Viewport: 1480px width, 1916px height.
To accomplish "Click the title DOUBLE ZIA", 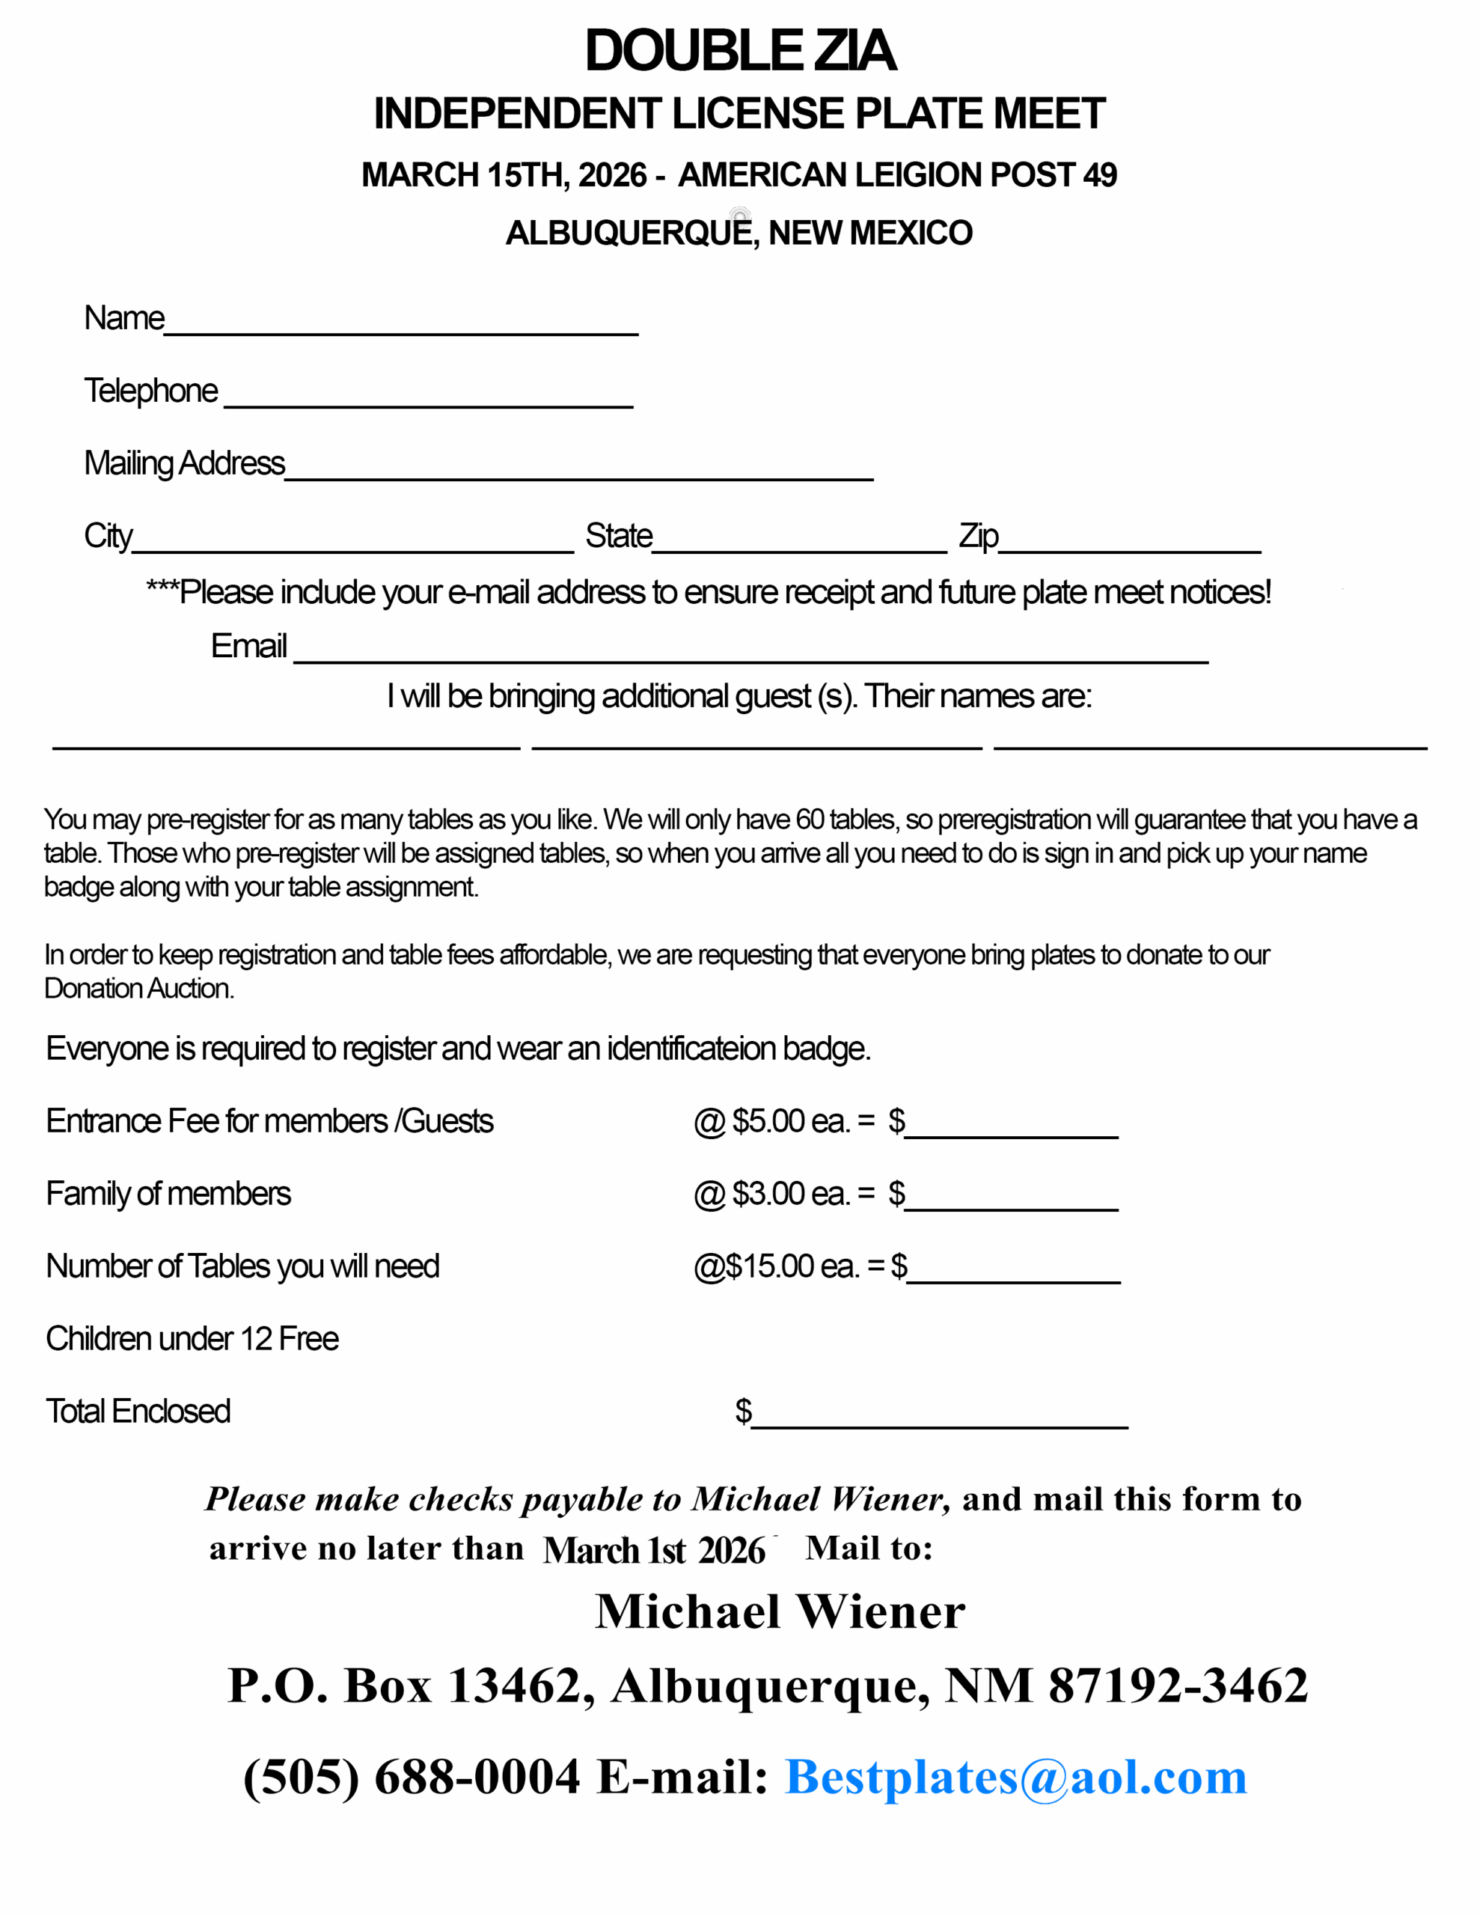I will coord(739,51).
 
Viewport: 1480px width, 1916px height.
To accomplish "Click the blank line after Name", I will coord(401,330).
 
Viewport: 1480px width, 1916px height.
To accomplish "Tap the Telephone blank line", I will coord(428,403).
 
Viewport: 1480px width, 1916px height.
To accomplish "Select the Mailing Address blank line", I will coord(579,475).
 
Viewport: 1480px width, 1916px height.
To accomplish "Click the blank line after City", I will coord(352,549).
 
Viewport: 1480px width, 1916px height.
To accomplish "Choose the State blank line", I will coord(799,549).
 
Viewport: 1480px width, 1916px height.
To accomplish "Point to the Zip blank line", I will coord(1129,549).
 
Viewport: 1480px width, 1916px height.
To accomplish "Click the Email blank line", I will coord(751,658).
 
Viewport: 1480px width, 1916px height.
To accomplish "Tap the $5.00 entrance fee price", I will coord(768,1121).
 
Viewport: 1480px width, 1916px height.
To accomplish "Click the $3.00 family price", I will coord(768,1194).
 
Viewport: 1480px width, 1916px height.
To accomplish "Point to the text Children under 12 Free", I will coord(192,1340).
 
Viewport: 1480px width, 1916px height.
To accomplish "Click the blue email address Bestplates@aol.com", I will coord(1015,1778).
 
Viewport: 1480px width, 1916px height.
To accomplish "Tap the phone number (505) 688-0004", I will coord(411,1778).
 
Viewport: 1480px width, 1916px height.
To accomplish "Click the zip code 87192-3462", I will coord(1177,1685).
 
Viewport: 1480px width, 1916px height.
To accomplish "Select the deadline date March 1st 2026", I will coord(654,1550).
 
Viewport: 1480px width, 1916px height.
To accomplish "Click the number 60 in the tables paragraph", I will coord(810,820).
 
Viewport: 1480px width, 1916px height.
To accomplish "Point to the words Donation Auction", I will coord(138,989).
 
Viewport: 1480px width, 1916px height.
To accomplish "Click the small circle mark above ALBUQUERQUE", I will coord(739,216).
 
